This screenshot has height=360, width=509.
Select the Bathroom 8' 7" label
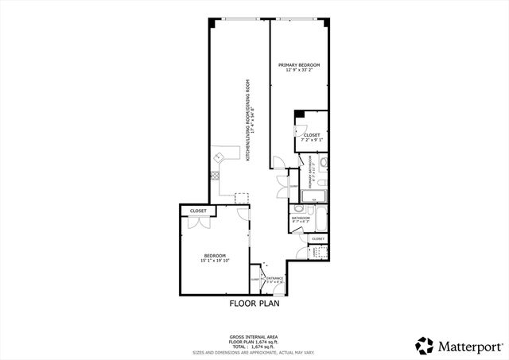coord(301,219)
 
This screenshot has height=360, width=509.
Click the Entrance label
coord(275,277)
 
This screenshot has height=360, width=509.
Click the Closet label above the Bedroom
coord(198,211)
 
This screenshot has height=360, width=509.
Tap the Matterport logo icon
coord(424,345)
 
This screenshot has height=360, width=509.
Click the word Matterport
coord(466,346)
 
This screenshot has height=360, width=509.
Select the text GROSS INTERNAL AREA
coord(254,337)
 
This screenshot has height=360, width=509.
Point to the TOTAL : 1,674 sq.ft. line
coord(254,346)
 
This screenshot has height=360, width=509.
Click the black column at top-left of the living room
coord(212,24)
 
